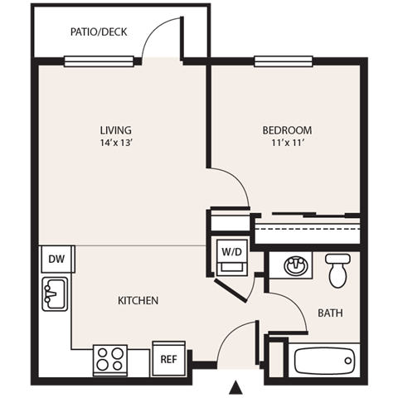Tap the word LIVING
(x=116, y=130)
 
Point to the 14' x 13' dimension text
(x=116, y=143)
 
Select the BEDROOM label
(x=287, y=130)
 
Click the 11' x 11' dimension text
(x=287, y=143)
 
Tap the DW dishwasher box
(x=56, y=260)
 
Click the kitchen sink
(x=56, y=294)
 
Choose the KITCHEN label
(x=138, y=300)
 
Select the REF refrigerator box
(x=167, y=359)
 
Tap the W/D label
(x=230, y=250)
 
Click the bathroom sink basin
(x=294, y=266)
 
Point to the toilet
(x=337, y=269)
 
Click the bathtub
(x=324, y=361)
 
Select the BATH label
(x=330, y=313)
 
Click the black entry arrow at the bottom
(x=236, y=386)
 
